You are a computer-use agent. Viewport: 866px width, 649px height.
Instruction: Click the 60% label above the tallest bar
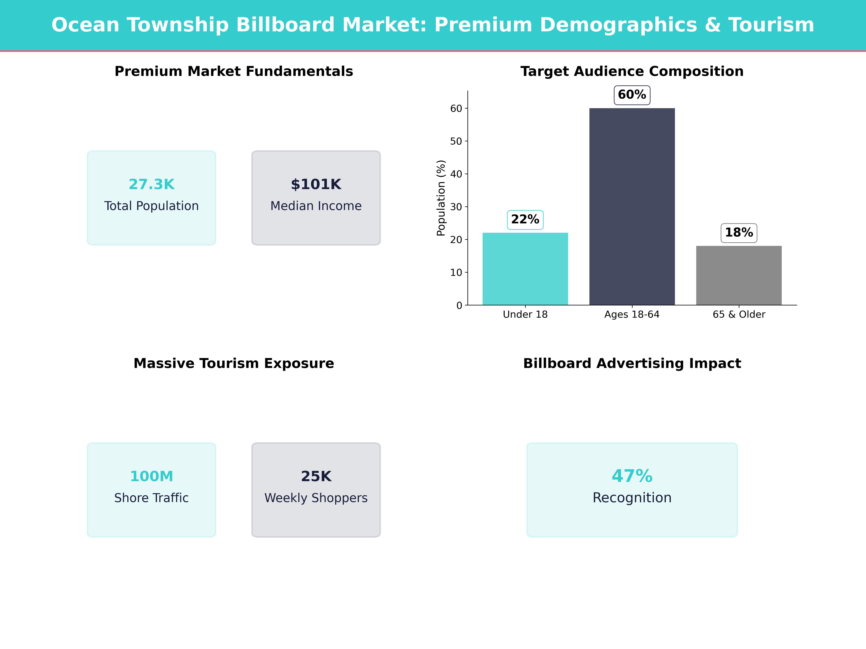(632, 95)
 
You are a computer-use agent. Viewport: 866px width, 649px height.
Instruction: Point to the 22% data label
(525, 219)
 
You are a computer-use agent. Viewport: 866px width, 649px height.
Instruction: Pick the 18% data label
(739, 233)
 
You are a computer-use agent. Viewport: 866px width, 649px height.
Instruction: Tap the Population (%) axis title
(441, 198)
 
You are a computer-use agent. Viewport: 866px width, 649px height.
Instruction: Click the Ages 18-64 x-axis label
(632, 315)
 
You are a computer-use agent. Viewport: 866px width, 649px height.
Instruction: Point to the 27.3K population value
(152, 184)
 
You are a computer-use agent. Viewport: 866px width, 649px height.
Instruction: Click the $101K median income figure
(316, 184)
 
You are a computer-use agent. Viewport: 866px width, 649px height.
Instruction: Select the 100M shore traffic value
(152, 476)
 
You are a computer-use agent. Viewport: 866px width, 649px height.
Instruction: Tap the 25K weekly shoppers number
(316, 476)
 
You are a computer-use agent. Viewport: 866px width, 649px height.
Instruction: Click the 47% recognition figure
(632, 476)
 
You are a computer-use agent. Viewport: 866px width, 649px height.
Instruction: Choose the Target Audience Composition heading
(632, 72)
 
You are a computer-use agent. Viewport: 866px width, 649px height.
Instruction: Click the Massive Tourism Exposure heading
(234, 363)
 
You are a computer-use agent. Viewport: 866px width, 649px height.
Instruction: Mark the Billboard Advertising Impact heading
(632, 363)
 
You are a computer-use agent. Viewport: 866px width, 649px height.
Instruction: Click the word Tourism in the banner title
(771, 25)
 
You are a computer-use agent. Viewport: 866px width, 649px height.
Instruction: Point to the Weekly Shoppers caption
(316, 498)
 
